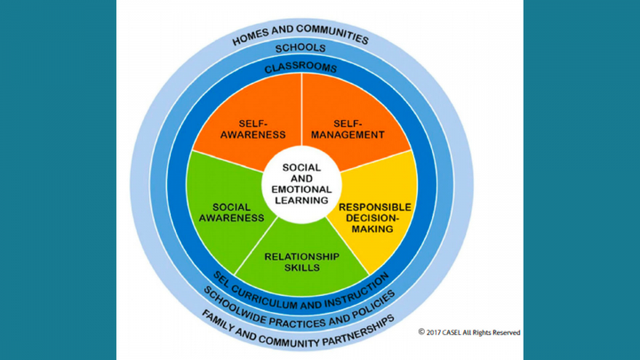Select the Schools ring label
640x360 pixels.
click(300, 47)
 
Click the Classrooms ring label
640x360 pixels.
click(300, 67)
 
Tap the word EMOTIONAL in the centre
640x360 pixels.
click(300, 189)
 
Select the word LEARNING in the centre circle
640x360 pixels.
click(300, 200)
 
